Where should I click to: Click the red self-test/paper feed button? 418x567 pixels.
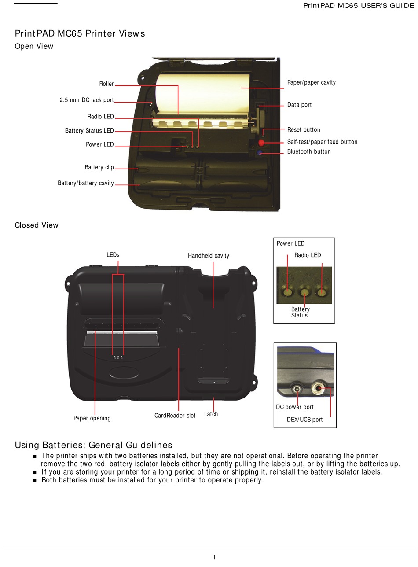tap(261, 143)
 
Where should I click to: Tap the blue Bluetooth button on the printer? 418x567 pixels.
tap(260, 153)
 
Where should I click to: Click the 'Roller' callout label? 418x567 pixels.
tap(106, 84)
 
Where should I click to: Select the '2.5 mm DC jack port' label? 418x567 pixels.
tap(87, 100)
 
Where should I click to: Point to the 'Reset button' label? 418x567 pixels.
tap(304, 129)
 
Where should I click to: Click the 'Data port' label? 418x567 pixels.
tap(299, 105)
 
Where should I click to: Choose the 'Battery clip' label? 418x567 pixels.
tap(99, 167)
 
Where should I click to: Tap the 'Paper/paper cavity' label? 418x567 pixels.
tap(311, 82)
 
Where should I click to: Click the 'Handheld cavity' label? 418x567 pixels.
tap(209, 255)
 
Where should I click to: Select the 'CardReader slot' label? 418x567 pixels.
tap(175, 416)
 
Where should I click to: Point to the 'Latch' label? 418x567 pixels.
tap(211, 414)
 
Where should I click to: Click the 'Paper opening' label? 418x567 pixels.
tap(92, 418)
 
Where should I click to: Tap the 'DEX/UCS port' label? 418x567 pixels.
tap(304, 420)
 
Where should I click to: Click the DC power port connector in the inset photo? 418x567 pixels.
tap(297, 389)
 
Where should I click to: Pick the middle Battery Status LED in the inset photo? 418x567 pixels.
tap(304, 291)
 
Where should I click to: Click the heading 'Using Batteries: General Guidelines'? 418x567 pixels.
tap(93, 445)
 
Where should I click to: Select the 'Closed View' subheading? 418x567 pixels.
tap(37, 225)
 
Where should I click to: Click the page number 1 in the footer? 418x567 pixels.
tap(214, 557)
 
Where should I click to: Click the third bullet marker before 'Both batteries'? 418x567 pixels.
tap(35, 480)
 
